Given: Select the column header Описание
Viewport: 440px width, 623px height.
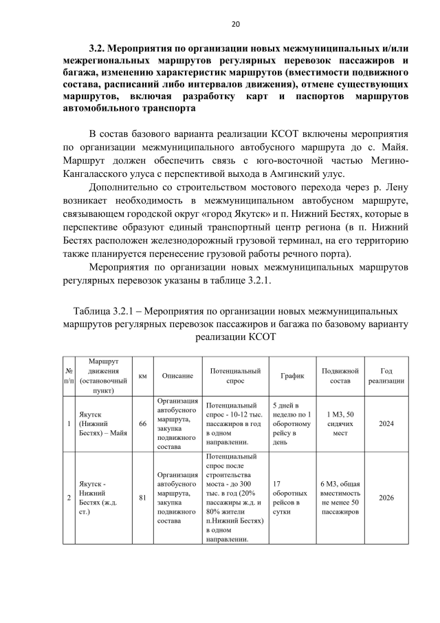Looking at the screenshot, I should tap(177, 376).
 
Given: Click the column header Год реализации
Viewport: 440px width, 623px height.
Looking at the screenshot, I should tap(386, 376).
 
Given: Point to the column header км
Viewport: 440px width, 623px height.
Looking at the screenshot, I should tap(142, 376).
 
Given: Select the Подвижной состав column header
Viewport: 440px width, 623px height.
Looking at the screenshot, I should tap(340, 376).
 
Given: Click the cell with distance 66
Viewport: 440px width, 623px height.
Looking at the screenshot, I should tap(142, 424).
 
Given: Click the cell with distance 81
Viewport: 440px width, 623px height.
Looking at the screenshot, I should tap(142, 497).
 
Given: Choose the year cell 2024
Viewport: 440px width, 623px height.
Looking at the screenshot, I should tap(386, 424).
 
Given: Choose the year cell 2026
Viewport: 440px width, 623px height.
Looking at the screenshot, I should tap(386, 497).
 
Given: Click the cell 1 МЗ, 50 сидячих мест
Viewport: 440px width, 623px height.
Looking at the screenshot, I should tap(340, 424).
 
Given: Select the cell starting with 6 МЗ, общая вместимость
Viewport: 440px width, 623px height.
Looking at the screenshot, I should tap(340, 497).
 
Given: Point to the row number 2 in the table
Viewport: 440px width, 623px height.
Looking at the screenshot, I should tap(69, 497).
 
